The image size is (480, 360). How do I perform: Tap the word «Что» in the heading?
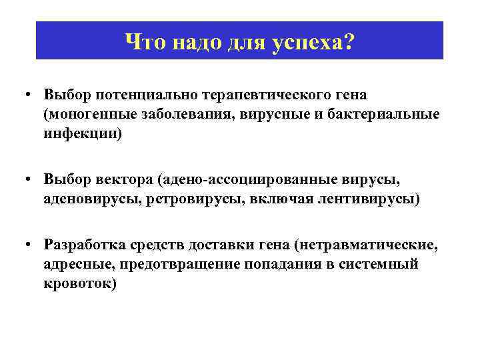pyautogui.click(x=143, y=42)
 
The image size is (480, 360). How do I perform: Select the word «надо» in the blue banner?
pyautogui.click(x=191, y=42)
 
